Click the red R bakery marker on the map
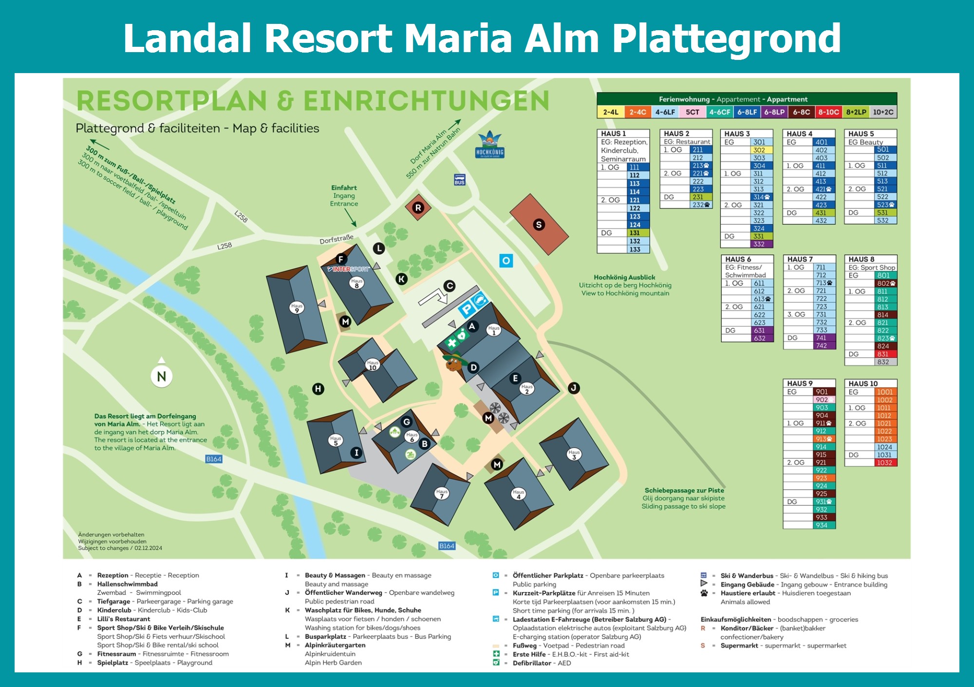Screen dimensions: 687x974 pyautogui.click(x=418, y=208)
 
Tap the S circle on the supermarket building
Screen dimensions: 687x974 pyautogui.click(x=538, y=225)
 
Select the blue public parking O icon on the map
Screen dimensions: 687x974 pyautogui.click(x=506, y=261)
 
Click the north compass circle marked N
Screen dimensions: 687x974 pyautogui.click(x=162, y=376)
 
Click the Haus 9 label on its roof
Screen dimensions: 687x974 pyautogui.click(x=297, y=308)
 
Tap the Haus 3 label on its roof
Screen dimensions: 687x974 pyautogui.click(x=574, y=454)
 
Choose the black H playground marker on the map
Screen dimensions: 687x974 pyautogui.click(x=318, y=389)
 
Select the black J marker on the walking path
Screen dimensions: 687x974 pyautogui.click(x=574, y=388)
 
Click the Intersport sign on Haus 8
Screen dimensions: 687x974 pyautogui.click(x=349, y=269)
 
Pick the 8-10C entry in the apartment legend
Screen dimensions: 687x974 pyautogui.click(x=828, y=112)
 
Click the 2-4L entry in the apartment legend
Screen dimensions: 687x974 pyautogui.click(x=611, y=112)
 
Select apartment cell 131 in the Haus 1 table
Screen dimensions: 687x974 pyautogui.click(x=635, y=233)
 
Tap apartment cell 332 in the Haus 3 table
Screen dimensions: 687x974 pyautogui.click(x=759, y=244)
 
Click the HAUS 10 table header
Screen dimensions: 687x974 pyautogui.click(x=863, y=383)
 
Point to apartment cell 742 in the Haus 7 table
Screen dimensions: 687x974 pyautogui.click(x=821, y=345)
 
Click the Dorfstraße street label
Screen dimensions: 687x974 pyautogui.click(x=337, y=239)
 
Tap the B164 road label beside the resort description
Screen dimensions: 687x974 pyautogui.click(x=214, y=459)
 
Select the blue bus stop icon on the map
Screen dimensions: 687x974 pyautogui.click(x=459, y=179)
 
